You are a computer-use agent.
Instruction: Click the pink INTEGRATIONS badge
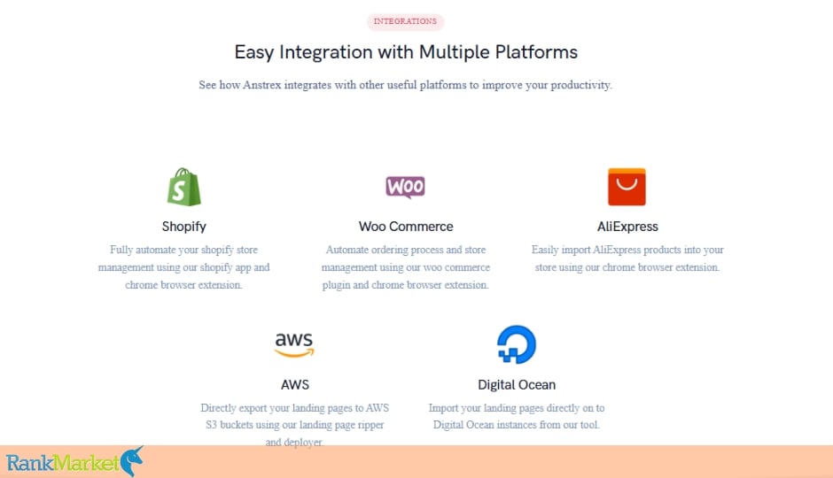pos(405,22)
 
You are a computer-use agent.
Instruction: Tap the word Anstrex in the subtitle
pos(262,85)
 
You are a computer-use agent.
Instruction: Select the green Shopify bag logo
pos(183,187)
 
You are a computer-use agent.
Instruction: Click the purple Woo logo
pos(405,187)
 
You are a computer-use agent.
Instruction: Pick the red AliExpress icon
pos(627,187)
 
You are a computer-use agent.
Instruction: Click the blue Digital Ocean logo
pos(517,344)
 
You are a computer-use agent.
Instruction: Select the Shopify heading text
pos(183,227)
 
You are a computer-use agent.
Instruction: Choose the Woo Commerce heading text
pos(406,227)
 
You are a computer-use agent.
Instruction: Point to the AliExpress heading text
pos(627,227)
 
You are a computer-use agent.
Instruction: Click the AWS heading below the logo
pos(295,385)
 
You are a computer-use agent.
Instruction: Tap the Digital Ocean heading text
pos(517,385)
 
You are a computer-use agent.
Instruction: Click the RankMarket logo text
pos(63,463)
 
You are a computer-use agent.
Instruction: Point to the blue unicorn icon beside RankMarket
pos(132,461)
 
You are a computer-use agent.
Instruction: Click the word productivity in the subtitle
pos(581,85)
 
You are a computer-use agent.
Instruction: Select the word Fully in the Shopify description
pos(121,250)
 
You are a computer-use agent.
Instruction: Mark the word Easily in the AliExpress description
pos(545,250)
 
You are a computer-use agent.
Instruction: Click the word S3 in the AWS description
pos(211,425)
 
